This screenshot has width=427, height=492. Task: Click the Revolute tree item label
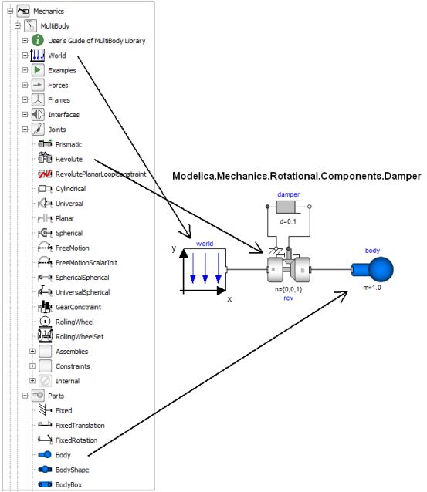click(x=69, y=159)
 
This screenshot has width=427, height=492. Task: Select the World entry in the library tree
click(x=56, y=56)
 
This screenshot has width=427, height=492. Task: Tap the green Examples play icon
click(x=37, y=70)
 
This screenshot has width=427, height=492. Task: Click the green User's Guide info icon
click(x=37, y=40)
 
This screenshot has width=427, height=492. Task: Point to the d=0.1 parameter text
click(x=287, y=222)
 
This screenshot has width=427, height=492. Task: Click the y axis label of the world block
click(x=175, y=250)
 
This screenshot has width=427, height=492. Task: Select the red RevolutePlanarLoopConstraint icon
click(x=44, y=174)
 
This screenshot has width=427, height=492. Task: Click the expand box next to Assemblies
click(x=32, y=351)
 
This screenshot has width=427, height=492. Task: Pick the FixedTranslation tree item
click(x=80, y=425)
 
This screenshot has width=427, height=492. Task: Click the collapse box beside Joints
click(x=25, y=130)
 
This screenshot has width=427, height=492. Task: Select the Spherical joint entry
click(x=69, y=233)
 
